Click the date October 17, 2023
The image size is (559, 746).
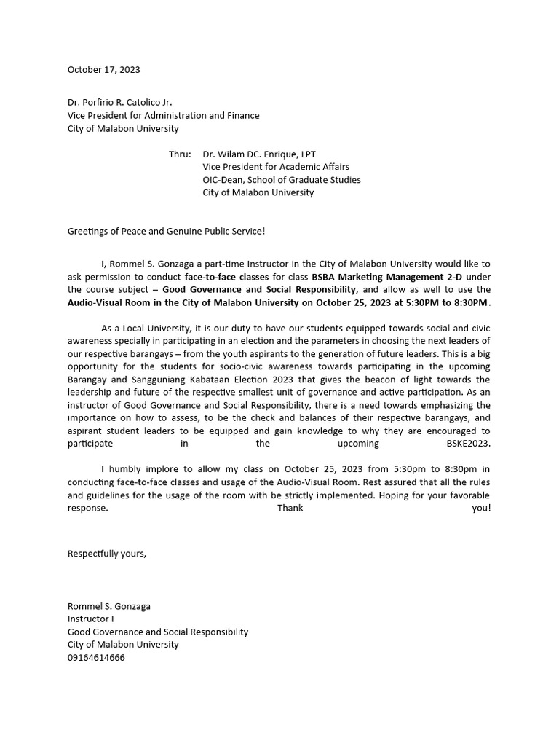point(103,70)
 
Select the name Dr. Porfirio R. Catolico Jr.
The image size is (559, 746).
point(120,103)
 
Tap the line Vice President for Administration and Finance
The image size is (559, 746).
point(163,115)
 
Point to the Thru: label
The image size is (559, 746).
point(180,154)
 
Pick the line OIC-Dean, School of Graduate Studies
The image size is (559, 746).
point(281,180)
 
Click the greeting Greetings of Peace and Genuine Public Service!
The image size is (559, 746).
point(167,231)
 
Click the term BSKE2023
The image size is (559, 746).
point(469,443)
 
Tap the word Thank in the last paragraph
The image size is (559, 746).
point(290,508)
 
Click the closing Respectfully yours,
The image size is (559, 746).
point(107,553)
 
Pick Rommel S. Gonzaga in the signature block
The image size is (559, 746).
point(109,606)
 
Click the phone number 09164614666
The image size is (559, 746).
point(96,657)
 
